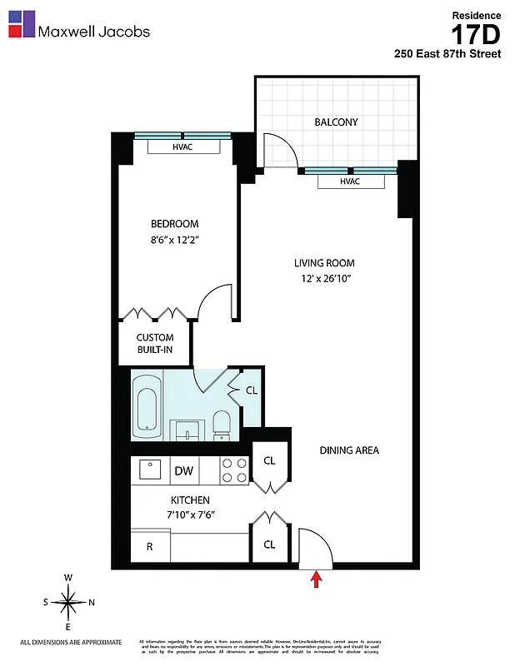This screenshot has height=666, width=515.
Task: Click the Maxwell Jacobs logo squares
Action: [x=22, y=23]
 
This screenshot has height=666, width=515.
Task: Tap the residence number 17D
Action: [x=476, y=35]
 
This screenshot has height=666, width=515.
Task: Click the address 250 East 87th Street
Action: [x=447, y=54]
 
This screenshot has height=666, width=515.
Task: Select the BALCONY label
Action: [x=336, y=122]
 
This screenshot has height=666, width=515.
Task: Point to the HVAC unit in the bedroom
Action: [x=182, y=147]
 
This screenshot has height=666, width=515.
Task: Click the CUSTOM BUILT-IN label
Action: [x=155, y=344]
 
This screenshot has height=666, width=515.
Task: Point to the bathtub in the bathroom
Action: [x=147, y=405]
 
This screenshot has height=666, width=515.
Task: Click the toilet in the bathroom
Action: [x=222, y=423]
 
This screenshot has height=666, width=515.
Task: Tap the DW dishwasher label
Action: [x=183, y=471]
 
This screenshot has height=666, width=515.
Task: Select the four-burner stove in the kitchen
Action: [x=234, y=470]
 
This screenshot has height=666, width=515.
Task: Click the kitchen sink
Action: [x=149, y=470]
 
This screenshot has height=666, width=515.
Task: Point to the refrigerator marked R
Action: [x=149, y=546]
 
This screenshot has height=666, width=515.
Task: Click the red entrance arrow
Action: [x=316, y=579]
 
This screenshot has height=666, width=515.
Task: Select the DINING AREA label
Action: [x=349, y=450]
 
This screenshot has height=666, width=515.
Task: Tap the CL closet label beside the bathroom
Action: [x=251, y=390]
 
